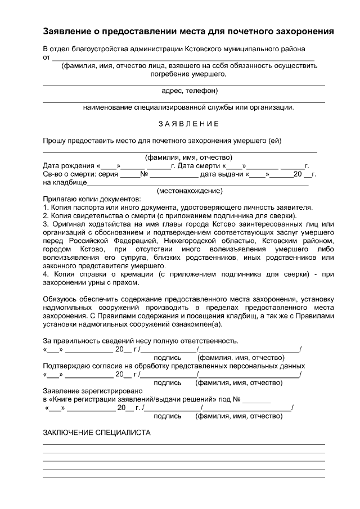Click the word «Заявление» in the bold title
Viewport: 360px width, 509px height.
click(70, 30)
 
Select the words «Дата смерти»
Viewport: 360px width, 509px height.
click(199, 166)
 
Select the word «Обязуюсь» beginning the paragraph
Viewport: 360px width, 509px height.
click(60, 299)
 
